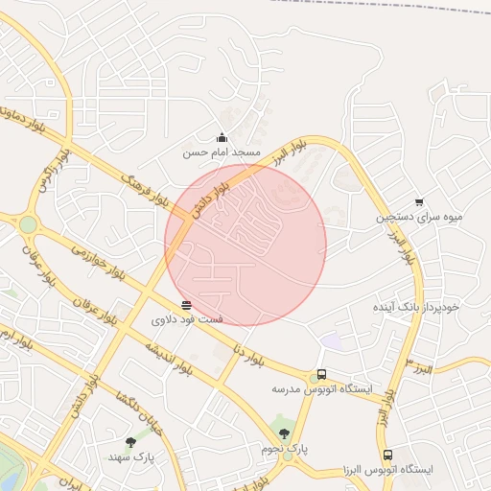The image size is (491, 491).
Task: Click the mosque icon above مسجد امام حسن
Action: pos(222,137)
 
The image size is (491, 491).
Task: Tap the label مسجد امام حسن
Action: pos(222,152)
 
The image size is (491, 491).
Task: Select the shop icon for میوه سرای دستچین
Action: pos(419,201)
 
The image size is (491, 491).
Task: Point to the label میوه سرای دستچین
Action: pos(419,217)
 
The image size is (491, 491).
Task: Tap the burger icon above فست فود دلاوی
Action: pos(186,304)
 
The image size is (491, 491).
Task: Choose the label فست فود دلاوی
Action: pos(187,317)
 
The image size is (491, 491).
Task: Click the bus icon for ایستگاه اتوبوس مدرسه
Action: pos(321,374)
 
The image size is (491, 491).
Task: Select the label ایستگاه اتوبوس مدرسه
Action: pos(321,389)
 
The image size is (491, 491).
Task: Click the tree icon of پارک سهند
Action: pos(130,442)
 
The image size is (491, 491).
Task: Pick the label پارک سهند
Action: pos(130,457)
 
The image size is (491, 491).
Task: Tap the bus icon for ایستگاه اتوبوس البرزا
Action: pos(387,455)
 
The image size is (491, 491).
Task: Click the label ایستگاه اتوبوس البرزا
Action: pos(388,470)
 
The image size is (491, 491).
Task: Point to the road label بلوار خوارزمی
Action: pos(98,262)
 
